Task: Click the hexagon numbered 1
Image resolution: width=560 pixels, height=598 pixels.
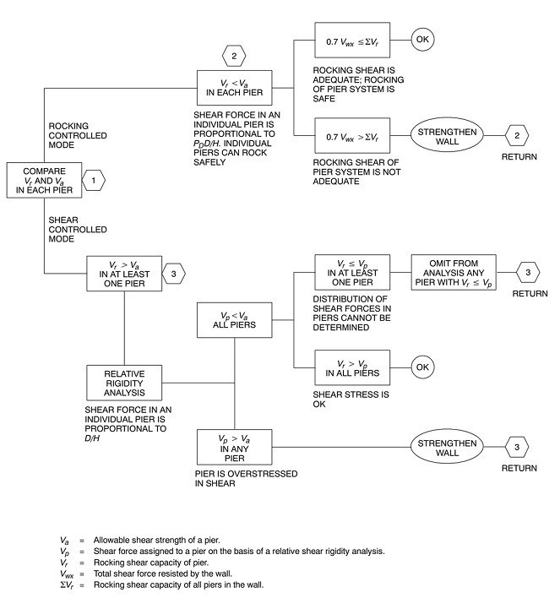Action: click(94, 181)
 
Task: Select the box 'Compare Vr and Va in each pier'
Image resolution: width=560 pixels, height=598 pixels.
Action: click(44, 181)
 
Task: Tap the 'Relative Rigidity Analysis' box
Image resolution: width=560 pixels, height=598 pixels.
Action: click(124, 383)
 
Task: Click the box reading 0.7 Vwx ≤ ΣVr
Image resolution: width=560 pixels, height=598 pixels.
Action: click(352, 40)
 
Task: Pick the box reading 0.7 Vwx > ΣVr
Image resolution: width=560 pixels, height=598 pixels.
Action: click(352, 136)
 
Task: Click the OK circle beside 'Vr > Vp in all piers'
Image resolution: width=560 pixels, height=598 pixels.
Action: click(422, 367)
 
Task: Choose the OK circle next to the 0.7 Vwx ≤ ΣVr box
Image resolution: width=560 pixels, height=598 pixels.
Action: click(422, 40)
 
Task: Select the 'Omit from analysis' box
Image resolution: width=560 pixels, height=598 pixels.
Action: click(454, 273)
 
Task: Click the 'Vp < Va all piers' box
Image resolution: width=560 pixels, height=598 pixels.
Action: click(234, 320)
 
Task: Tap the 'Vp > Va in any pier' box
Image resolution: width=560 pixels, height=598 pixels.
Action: click(234, 447)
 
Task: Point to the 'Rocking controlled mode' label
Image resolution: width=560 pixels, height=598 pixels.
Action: click(78, 135)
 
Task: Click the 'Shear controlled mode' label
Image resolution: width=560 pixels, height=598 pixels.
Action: click(78, 230)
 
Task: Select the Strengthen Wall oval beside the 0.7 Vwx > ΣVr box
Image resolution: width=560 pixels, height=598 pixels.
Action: click(447, 136)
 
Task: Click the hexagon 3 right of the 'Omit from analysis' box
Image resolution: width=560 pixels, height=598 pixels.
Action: click(528, 273)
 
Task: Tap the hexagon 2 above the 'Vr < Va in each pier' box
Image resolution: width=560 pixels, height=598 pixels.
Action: click(234, 57)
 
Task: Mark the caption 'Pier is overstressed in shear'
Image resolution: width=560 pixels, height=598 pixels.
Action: click(246, 479)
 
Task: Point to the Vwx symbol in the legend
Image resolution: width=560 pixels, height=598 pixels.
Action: click(67, 574)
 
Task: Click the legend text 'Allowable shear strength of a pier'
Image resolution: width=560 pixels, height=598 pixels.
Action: click(157, 541)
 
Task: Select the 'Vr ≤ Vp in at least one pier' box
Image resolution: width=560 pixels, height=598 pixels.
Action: click(352, 273)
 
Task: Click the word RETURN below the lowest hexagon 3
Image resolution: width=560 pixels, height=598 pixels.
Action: click(519, 468)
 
